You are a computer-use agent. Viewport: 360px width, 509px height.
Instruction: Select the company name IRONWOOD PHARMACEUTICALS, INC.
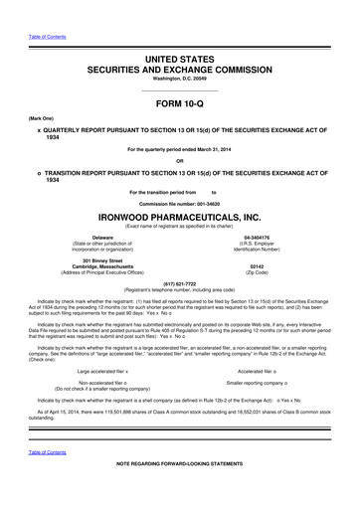180,216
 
